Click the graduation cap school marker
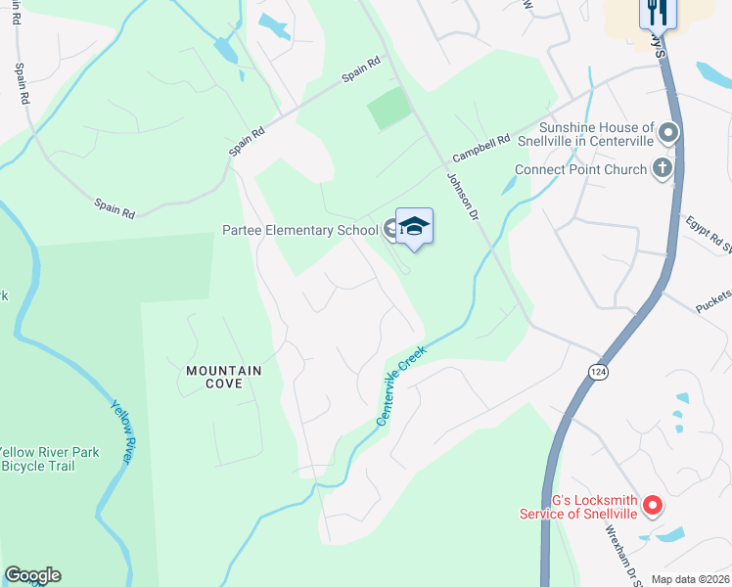414,226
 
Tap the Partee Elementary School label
299,232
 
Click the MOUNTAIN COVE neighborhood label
224,378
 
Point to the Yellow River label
122,430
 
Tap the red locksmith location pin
653,506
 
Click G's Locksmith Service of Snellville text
581,507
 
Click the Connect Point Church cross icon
663,168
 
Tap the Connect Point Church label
580,170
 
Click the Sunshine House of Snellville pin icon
669,132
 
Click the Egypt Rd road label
708,233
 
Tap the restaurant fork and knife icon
657,12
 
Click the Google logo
32,575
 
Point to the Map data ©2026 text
690,579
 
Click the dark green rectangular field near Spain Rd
389,109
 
